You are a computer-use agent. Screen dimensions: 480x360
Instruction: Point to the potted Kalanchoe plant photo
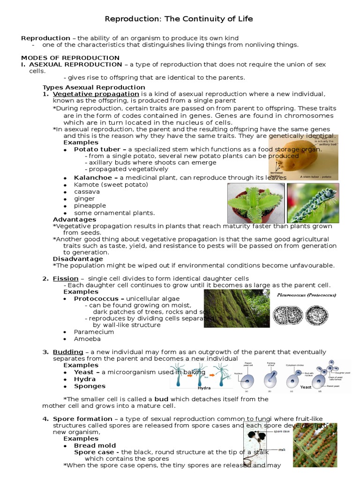pyautogui.click(x=255, y=203)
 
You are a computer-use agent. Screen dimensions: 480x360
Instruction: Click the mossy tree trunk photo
pyautogui.click(x=237, y=308)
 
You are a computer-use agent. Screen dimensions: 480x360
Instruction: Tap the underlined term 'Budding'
pyautogui.click(x=68, y=352)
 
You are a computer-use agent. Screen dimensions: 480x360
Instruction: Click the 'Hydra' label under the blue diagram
pyautogui.click(x=204, y=388)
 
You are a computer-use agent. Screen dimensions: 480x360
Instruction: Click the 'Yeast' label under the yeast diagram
pyautogui.click(x=306, y=387)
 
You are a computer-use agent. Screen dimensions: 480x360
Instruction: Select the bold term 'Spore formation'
pyautogui.click(x=82, y=419)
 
